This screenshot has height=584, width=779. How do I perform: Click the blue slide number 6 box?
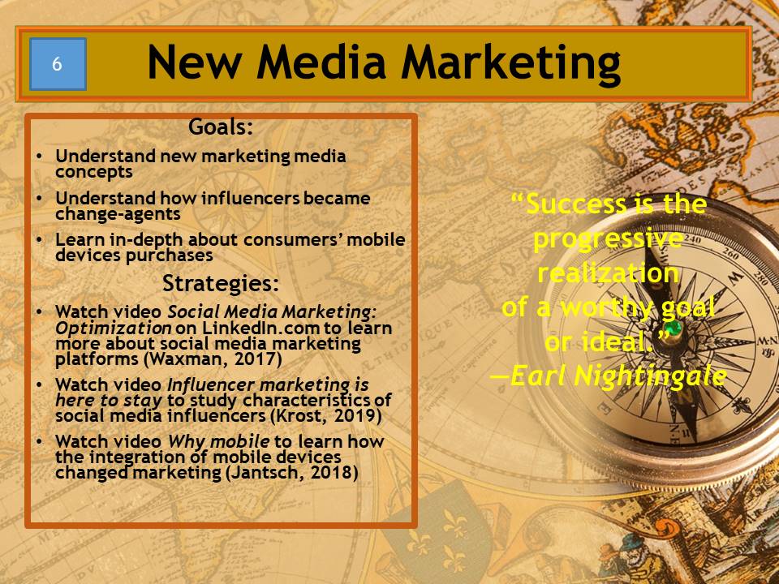(58, 64)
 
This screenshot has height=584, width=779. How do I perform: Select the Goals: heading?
(221, 127)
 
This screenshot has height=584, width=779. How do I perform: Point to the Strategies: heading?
(221, 284)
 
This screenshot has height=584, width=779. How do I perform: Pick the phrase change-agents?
(118, 214)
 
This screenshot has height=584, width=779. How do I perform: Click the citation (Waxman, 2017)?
(213, 359)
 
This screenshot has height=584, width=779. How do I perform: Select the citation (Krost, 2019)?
(326, 415)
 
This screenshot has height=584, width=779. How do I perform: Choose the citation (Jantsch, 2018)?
(291, 472)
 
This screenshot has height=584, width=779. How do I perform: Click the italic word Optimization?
(114, 328)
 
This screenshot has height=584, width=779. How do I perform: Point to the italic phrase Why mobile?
(218, 441)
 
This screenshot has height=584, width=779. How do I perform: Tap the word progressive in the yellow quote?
(608, 240)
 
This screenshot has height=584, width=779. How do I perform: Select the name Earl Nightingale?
(618, 376)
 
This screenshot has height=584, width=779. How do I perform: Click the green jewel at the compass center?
(674, 328)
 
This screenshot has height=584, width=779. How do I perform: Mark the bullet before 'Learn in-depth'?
(39, 240)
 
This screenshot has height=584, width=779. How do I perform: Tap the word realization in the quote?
(608, 273)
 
